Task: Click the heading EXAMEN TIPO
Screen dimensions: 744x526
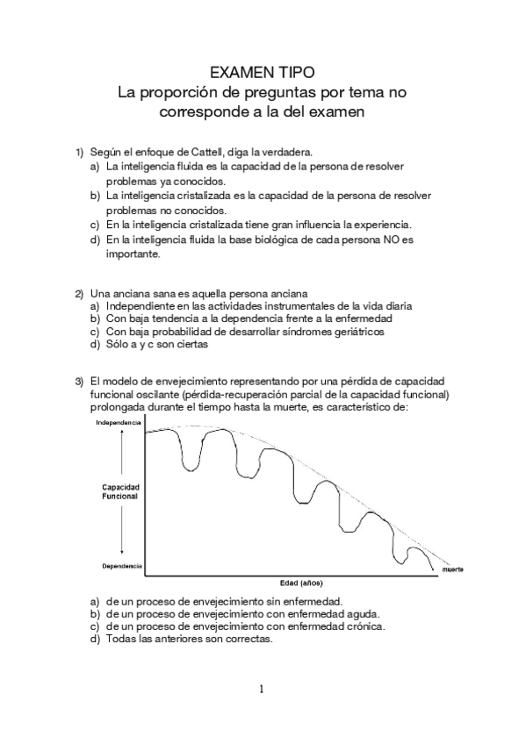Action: [263, 70]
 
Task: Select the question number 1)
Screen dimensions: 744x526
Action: [78, 151]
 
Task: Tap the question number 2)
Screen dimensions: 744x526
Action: [78, 292]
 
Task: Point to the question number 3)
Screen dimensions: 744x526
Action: [78, 382]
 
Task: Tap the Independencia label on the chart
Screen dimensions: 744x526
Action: [119, 423]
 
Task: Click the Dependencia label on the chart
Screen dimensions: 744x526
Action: [122, 568]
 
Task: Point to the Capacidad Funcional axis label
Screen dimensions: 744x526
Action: [120, 491]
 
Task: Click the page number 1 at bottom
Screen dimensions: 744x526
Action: [263, 688]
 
